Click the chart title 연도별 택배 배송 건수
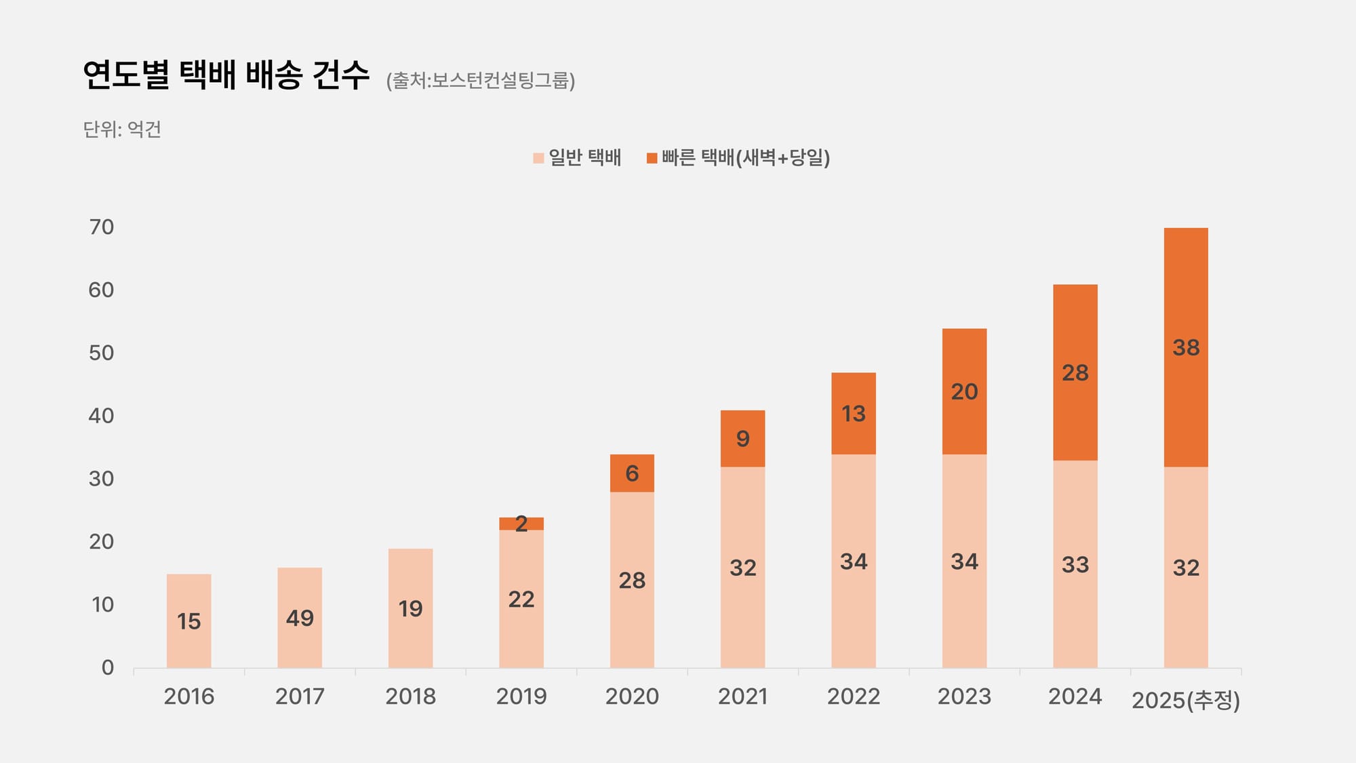point(226,75)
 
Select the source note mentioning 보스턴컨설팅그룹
point(481,81)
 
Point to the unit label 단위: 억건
point(122,129)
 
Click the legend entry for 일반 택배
point(578,157)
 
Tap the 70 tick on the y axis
point(102,227)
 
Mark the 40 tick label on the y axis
point(102,416)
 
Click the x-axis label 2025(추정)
point(1185,699)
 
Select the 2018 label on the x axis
point(410,697)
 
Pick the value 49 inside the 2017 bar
point(300,618)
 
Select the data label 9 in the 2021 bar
point(742,439)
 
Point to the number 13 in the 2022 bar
point(853,414)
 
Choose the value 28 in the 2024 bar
point(1075,373)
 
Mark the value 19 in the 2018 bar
point(410,609)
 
